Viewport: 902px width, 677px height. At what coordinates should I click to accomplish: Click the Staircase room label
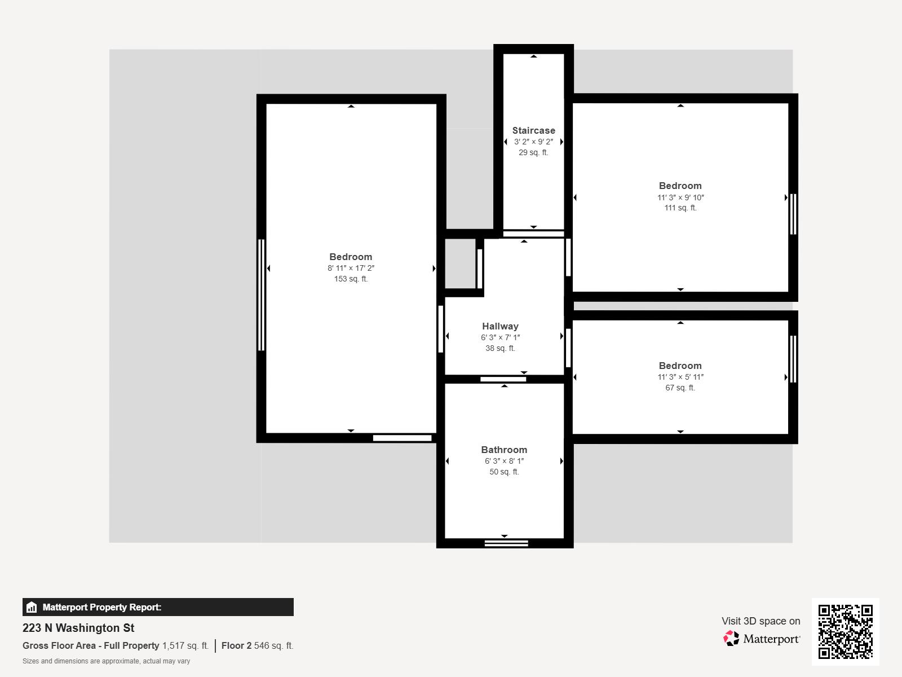pos(533,130)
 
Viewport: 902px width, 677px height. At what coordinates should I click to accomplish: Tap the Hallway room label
pos(500,326)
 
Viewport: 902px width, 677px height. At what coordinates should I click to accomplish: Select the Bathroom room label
pos(504,450)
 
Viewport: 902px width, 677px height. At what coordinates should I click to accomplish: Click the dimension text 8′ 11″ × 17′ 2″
pos(351,269)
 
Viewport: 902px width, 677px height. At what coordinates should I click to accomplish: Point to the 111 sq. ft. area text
pos(680,208)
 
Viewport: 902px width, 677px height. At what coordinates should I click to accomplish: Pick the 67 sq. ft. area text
pos(680,388)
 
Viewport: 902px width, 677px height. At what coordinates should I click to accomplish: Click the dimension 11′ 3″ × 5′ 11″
pos(680,377)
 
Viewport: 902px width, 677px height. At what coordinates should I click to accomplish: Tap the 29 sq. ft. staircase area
pos(533,152)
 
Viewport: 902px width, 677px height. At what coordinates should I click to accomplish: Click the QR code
pos(845,631)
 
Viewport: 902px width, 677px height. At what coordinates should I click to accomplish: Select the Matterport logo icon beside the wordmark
pos(731,639)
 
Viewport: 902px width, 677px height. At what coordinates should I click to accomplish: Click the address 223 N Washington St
pos(78,628)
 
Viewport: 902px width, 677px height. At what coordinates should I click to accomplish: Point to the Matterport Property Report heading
pos(101,607)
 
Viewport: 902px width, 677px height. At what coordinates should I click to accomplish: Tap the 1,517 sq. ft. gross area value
pos(185,645)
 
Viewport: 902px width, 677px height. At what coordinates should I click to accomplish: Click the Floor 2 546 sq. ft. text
pos(257,645)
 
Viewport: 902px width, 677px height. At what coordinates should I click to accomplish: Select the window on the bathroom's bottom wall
pos(506,543)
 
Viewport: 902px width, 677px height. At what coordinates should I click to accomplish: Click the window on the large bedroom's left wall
pos(261,294)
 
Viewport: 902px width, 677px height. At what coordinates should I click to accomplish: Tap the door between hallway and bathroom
pos(503,379)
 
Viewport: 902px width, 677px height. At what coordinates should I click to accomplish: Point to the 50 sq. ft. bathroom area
pos(504,472)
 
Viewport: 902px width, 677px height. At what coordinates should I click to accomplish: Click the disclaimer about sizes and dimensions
pos(106,661)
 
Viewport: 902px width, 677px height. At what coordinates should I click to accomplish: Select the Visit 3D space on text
pos(760,621)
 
